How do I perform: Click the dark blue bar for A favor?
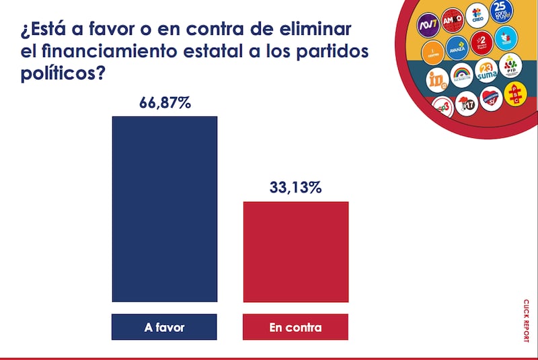point(165,209)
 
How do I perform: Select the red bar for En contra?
point(296,252)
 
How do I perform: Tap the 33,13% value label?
point(296,188)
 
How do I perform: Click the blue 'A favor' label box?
point(165,328)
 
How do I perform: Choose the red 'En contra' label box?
point(296,328)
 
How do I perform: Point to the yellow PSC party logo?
point(514,94)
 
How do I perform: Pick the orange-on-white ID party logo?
point(437,79)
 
